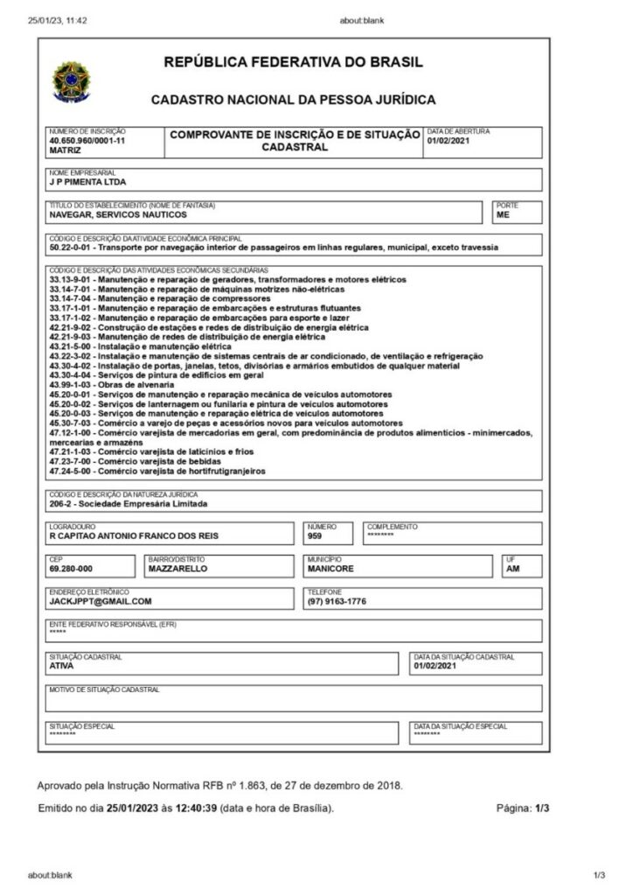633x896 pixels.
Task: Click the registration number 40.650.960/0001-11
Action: click(x=87, y=140)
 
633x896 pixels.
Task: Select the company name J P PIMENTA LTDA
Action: click(x=87, y=183)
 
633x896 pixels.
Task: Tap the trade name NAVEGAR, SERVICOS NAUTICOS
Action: click(x=118, y=214)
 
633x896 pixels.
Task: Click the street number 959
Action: click(x=315, y=535)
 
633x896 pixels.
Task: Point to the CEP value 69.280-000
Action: click(x=71, y=568)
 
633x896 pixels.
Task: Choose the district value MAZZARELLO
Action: click(x=177, y=568)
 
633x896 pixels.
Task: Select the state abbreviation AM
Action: click(x=513, y=568)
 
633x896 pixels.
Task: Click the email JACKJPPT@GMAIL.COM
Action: click(x=101, y=601)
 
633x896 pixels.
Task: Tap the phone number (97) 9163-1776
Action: click(x=337, y=601)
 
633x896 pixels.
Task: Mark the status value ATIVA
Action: click(x=62, y=666)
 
